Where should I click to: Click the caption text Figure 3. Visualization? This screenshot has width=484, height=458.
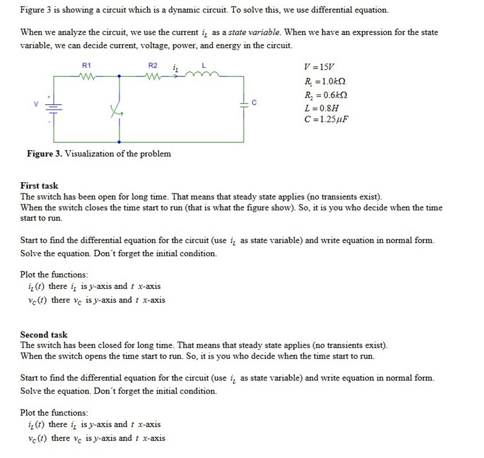pos(99,154)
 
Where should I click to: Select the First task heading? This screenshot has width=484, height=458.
pos(39,186)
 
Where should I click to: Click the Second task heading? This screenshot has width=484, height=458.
pos(44,335)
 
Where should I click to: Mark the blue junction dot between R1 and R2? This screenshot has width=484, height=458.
pos(119,76)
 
